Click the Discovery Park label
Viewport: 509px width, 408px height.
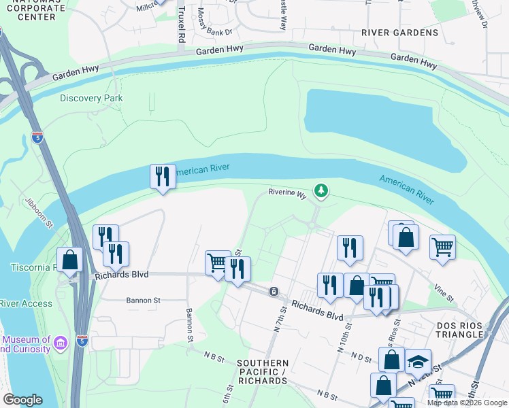(x=91, y=98)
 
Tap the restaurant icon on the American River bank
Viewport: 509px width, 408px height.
(x=162, y=177)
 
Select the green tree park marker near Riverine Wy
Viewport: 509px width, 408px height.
(x=321, y=191)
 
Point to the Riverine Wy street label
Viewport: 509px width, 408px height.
(x=288, y=194)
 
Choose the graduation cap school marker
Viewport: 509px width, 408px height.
(x=418, y=361)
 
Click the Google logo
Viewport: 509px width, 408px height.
(x=22, y=400)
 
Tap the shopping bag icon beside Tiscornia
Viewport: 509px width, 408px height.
(x=69, y=259)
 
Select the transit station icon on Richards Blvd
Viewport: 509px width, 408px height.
(x=273, y=292)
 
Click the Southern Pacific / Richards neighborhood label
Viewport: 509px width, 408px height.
(x=263, y=372)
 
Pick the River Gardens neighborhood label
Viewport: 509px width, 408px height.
(x=399, y=33)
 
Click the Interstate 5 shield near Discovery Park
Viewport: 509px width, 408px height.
(x=37, y=138)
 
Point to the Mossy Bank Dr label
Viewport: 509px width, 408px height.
(x=216, y=32)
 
